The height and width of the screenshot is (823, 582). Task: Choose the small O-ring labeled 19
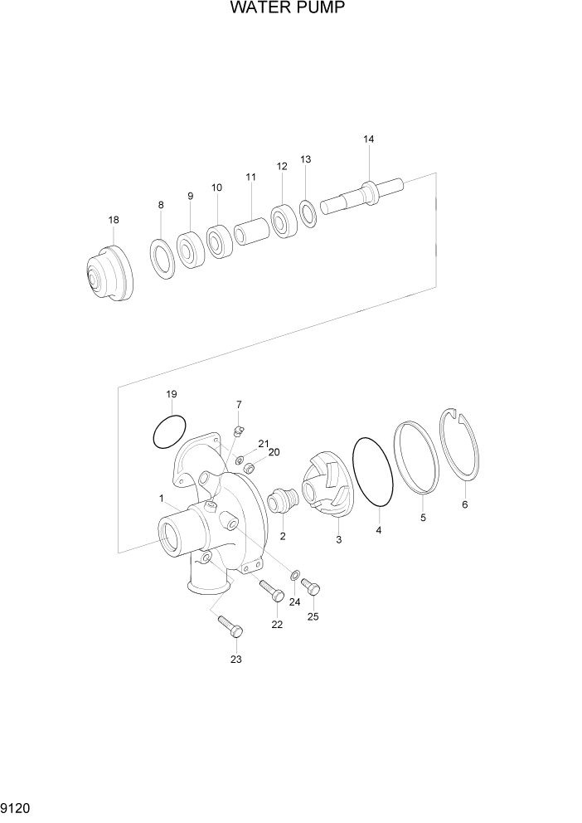[169, 431]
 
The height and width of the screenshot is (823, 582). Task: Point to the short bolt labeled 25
[311, 586]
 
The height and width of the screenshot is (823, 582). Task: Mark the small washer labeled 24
[295, 574]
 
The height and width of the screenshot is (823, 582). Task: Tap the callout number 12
[282, 166]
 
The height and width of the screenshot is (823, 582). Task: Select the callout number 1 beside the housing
[161, 498]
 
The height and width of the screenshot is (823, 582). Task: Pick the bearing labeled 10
[219, 241]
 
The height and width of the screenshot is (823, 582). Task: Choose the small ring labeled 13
[308, 212]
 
